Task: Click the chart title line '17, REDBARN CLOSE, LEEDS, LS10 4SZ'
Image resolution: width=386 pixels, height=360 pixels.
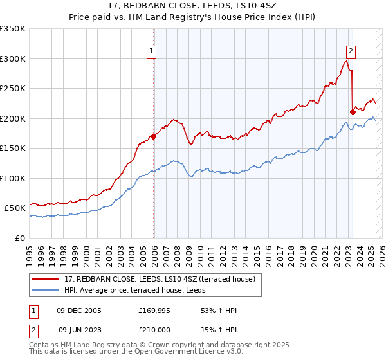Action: [x=193, y=7]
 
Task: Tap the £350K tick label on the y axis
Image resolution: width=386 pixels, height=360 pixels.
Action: [x=13, y=29]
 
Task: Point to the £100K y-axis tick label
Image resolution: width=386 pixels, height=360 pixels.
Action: [x=13, y=178]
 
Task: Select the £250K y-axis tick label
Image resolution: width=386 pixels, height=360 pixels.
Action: [x=13, y=89]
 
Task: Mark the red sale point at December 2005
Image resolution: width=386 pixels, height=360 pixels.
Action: [x=153, y=136]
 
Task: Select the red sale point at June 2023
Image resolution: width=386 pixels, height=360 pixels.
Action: [x=353, y=113]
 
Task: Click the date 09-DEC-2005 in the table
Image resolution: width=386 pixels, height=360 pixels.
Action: [x=79, y=311]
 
